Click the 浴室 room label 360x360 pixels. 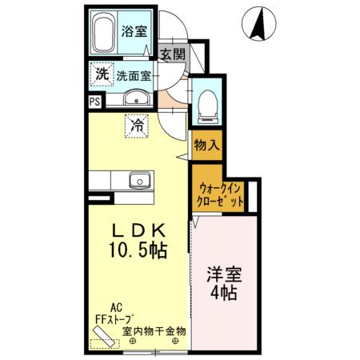134,32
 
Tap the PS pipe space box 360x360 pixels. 94,102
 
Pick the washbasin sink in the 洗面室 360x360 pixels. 134,101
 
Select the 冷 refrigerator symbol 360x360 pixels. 137,125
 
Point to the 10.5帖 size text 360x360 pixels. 138,250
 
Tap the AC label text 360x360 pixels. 116,306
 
